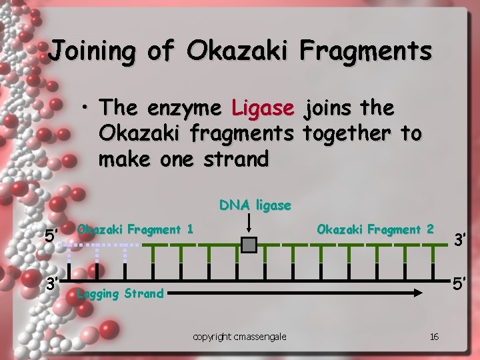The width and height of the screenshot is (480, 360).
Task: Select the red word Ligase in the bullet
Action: (x=263, y=107)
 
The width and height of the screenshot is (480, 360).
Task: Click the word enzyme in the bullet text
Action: (x=183, y=108)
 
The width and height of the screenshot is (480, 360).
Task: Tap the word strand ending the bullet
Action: (x=236, y=159)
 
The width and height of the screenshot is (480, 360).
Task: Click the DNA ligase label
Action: (x=255, y=205)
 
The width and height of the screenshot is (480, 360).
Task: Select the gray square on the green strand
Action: (x=249, y=245)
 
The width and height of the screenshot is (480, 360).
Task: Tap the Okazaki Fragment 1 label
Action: (x=135, y=230)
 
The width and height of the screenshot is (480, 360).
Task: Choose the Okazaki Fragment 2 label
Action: (x=375, y=230)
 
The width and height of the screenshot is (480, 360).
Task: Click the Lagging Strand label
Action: (x=120, y=293)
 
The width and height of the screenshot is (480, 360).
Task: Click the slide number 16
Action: (x=434, y=337)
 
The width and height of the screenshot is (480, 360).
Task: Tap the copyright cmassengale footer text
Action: (x=239, y=337)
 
